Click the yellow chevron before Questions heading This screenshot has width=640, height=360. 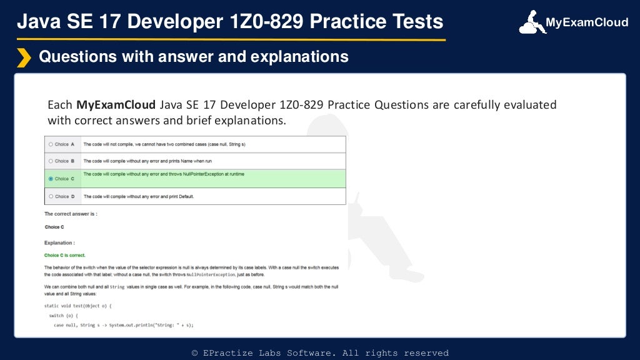point(24,57)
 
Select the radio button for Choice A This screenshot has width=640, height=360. point(51,144)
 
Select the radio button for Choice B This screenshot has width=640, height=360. point(51,161)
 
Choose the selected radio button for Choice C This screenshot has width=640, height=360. point(51,179)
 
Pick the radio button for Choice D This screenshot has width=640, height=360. point(51,196)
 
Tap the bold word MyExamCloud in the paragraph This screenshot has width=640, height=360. point(116,104)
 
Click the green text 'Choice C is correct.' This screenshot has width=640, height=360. point(65,255)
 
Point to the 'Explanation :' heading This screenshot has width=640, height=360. point(59,242)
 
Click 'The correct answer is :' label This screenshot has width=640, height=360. point(71,214)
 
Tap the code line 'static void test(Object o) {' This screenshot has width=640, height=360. point(81,306)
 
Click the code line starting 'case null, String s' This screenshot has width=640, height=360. point(123,325)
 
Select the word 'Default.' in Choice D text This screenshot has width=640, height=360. point(185,196)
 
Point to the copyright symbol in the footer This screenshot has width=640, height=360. point(195,353)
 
